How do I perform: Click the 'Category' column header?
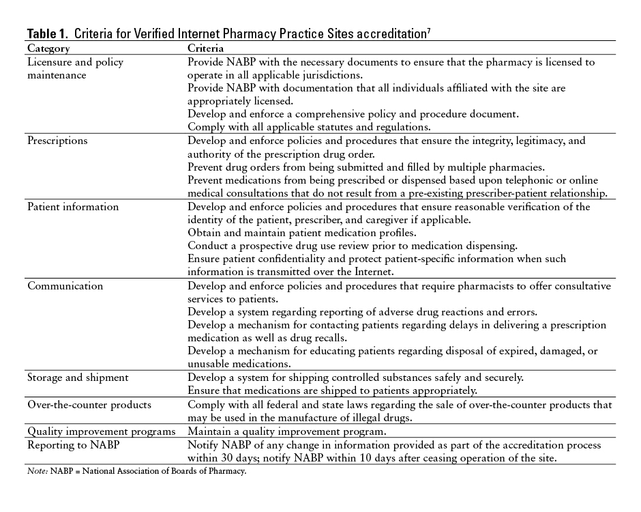(x=48, y=49)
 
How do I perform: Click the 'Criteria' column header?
(x=206, y=49)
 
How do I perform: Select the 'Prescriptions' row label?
(x=57, y=141)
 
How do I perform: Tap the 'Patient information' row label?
(x=73, y=207)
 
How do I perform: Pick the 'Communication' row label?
(x=65, y=286)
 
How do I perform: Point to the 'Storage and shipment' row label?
(x=78, y=378)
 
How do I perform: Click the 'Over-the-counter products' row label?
(x=89, y=405)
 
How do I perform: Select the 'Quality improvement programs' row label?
(x=102, y=431)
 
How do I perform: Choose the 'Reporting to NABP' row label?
(x=71, y=445)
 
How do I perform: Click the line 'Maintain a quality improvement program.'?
(x=288, y=431)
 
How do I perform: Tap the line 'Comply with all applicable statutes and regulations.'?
(x=308, y=127)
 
